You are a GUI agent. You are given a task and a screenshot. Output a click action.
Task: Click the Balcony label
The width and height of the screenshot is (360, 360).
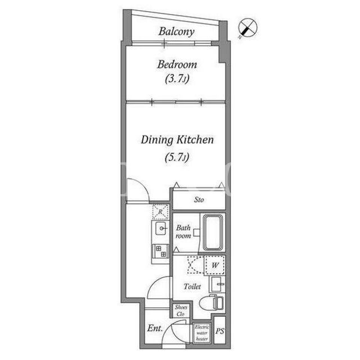(176, 31)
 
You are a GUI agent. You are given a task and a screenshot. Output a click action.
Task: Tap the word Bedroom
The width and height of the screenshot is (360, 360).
(177, 65)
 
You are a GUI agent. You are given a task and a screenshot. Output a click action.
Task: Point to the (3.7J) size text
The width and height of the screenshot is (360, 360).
(177, 79)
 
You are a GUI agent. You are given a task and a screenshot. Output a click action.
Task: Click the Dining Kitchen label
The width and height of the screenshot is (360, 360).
(177, 140)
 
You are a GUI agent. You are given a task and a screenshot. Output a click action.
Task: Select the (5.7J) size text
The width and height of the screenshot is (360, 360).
(177, 157)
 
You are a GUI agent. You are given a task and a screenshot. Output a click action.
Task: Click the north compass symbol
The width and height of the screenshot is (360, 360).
(247, 28)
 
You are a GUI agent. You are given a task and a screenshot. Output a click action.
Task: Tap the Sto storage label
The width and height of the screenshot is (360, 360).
(199, 200)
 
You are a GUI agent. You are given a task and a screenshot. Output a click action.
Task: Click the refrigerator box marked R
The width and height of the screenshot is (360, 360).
(160, 211)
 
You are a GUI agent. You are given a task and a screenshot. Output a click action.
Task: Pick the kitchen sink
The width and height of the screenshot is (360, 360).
(161, 228)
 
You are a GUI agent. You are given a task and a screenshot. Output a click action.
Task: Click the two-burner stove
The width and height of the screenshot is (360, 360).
(160, 251)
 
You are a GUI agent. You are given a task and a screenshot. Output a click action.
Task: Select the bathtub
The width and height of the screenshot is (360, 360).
(213, 232)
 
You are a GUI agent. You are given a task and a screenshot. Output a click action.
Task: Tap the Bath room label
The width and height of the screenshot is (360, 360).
(183, 232)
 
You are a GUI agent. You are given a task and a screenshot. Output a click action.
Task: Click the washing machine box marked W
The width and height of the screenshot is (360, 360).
(215, 265)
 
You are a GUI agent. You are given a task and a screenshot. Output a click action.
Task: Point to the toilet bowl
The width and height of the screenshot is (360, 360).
(211, 303)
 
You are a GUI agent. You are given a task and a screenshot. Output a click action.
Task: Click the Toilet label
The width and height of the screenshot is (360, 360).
(192, 286)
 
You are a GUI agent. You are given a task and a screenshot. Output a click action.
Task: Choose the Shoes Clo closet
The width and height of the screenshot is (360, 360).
(181, 310)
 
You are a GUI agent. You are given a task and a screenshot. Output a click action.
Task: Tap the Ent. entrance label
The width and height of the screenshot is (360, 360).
(155, 328)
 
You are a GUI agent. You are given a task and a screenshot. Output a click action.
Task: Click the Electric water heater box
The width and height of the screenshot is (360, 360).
(202, 333)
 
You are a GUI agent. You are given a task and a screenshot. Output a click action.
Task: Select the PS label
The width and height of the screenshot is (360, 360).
(220, 331)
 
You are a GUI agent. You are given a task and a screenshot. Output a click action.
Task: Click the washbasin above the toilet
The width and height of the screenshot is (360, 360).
(217, 284)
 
